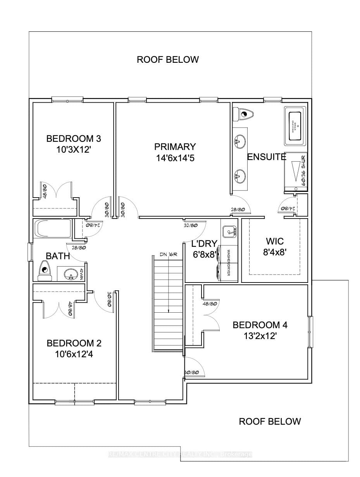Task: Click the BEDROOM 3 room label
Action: pos(68,144)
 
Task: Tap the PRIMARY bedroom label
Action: pos(175,152)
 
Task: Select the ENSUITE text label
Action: pos(267,157)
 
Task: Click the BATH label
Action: pos(58,256)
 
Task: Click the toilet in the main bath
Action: pos(45,270)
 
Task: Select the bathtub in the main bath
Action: pos(53,229)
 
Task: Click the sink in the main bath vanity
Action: pos(70,274)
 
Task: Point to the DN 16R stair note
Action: pos(169,254)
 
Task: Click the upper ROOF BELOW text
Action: pos(168,60)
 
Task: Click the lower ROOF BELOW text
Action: pos(270,421)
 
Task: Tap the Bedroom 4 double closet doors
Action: pos(210,315)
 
